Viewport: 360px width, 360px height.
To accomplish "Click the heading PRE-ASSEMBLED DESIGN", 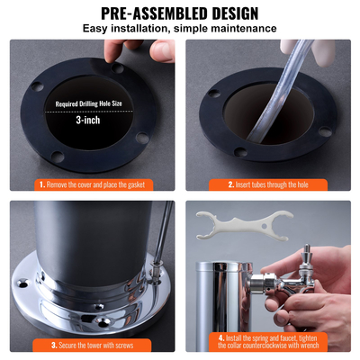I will click(x=180, y=13).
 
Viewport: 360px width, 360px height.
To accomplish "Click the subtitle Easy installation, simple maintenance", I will click(x=180, y=29).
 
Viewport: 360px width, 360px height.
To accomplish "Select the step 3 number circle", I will click(x=54, y=345).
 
